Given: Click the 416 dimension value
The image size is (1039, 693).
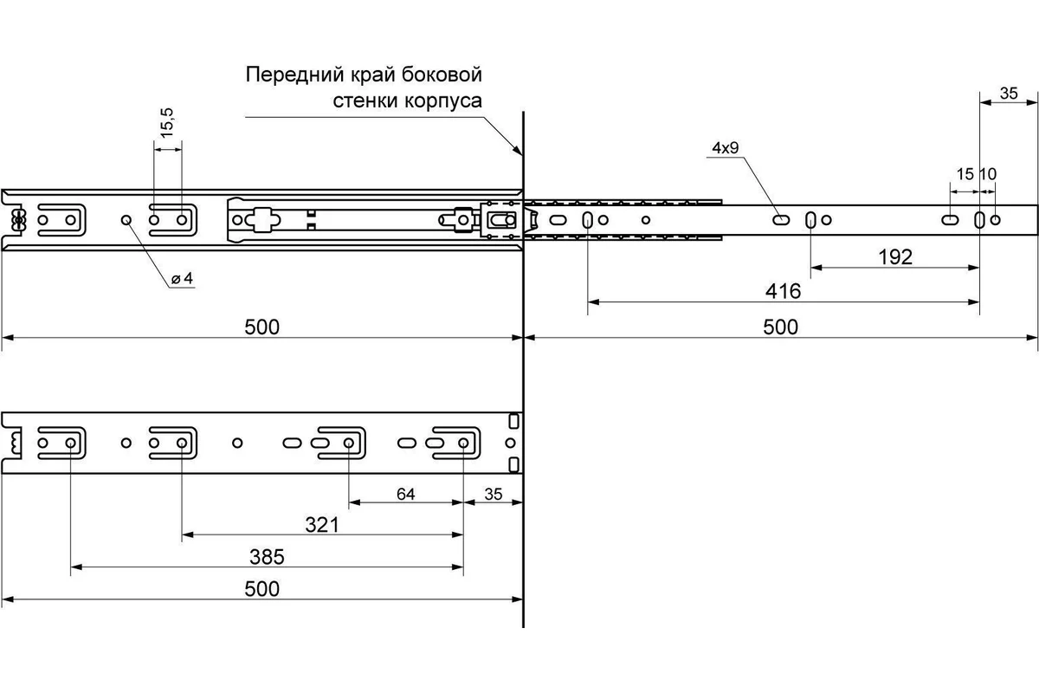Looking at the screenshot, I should coord(783,291).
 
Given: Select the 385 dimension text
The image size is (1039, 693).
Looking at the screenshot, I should coord(267,556).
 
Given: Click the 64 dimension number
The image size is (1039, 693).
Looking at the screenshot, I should coord(405,495).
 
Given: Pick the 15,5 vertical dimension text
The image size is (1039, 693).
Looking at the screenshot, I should coord(167,122).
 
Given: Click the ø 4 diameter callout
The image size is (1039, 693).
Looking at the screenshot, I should coord(182,279).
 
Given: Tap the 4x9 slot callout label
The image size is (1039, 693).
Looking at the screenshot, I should coord(725,148).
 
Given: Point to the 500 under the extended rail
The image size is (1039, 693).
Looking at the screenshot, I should coord(781,327).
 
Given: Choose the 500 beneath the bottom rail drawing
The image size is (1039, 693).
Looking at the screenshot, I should coord(262,589).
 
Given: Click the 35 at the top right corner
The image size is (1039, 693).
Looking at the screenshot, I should coord(1009,94).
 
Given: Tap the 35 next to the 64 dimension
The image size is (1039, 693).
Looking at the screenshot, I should coord(494,495).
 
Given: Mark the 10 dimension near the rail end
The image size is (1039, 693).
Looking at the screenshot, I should coord(988,173).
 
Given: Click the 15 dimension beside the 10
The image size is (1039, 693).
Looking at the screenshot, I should coord(965,173).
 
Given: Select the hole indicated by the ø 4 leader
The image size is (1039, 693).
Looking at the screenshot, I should coord(126,220).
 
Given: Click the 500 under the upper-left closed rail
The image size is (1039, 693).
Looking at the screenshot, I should coord(262,327).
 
